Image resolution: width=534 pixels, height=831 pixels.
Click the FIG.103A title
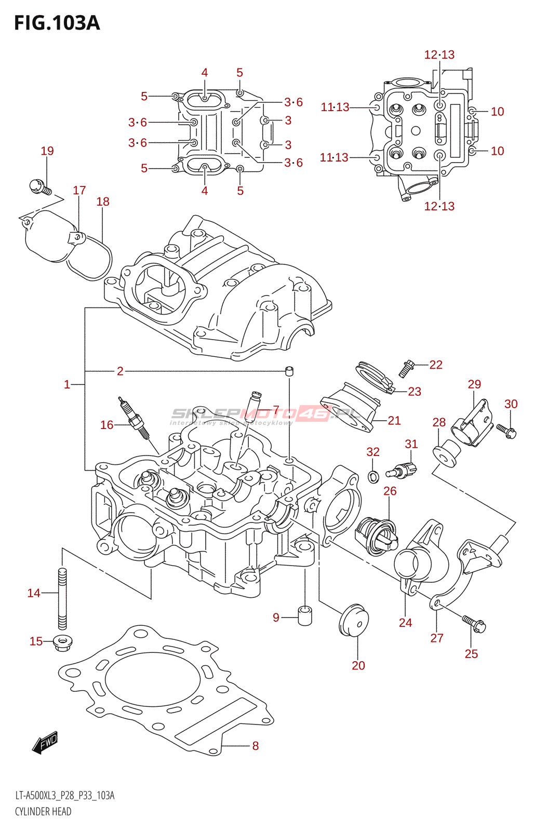(57, 23)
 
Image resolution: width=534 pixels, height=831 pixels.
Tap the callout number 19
(47, 151)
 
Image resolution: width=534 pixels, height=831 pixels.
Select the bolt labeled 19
(39, 187)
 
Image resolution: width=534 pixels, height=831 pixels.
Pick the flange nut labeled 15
(62, 642)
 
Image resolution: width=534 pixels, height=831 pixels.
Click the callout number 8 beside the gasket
(255, 746)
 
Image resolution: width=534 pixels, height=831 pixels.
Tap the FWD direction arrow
(45, 743)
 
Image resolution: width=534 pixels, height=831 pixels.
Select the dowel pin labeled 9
(305, 615)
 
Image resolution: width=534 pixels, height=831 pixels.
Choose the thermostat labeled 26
(376, 536)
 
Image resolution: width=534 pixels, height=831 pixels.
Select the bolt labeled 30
(506, 430)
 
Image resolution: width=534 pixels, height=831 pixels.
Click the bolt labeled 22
(406, 368)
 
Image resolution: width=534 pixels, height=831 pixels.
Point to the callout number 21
(394, 421)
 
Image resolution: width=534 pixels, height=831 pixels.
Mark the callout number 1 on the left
(67, 385)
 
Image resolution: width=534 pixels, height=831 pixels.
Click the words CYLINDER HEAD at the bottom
(43, 812)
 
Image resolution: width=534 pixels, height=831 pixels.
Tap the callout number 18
(103, 202)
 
